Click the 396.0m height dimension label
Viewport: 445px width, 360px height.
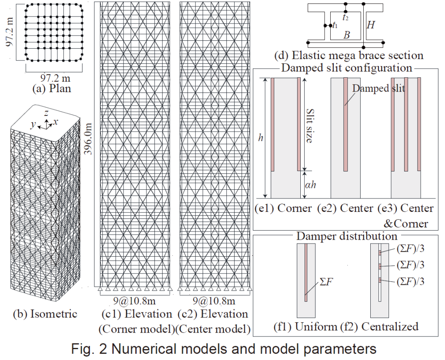tap(89, 139)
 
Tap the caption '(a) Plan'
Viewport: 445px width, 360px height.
tap(52, 89)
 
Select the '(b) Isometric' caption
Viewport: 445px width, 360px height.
tap(45, 314)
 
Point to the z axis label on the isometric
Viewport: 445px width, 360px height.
tap(46, 113)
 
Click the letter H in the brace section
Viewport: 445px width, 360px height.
tap(371, 25)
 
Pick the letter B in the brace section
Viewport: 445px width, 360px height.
tap(346, 35)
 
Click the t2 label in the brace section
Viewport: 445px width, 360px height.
tap(345, 18)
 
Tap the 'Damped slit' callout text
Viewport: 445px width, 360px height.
tap(379, 88)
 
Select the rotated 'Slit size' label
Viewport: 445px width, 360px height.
tap(310, 126)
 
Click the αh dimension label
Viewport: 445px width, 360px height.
tap(310, 185)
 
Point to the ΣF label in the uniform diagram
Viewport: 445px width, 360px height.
tap(326, 282)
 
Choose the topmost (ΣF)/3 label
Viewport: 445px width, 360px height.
tap(410, 249)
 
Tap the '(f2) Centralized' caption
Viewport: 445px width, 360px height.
tap(379, 327)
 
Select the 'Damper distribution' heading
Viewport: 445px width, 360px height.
tap(347, 236)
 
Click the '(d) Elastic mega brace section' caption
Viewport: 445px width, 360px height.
tap(349, 55)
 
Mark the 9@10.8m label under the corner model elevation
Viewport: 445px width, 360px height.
tap(135, 301)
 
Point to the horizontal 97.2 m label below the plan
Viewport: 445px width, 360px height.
tap(55, 78)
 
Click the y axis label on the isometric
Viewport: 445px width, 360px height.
tap(33, 124)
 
